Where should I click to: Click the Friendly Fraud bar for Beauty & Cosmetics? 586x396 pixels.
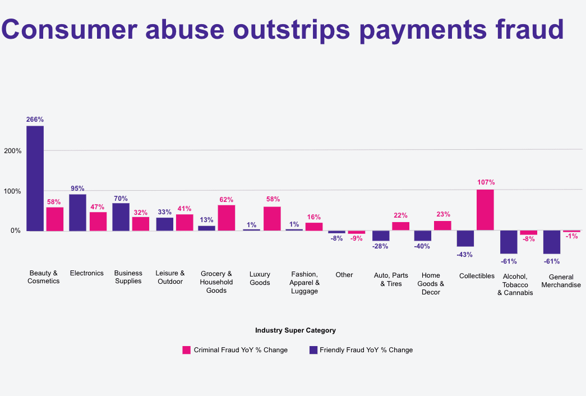pyautogui.click(x=35, y=178)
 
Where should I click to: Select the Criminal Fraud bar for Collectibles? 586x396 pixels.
pyautogui.click(x=485, y=210)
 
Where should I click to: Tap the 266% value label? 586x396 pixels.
pyautogui.click(x=35, y=119)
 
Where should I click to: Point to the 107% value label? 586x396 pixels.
pyautogui.click(x=486, y=182)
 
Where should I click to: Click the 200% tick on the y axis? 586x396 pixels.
pyautogui.click(x=12, y=151)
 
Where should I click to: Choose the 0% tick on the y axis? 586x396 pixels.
pyautogui.click(x=15, y=231)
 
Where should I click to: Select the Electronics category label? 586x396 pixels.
pyautogui.click(x=86, y=273)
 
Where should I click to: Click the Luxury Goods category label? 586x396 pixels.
pyautogui.click(x=260, y=278)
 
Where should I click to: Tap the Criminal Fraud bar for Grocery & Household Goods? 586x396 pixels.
pyautogui.click(x=227, y=218)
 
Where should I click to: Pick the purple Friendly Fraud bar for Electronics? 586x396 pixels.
pyautogui.click(x=77, y=212)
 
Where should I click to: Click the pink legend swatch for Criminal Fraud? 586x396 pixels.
pyautogui.click(x=187, y=350)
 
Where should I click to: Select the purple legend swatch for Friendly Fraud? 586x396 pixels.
pyautogui.click(x=313, y=350)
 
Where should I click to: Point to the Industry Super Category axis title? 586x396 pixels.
pyautogui.click(x=295, y=330)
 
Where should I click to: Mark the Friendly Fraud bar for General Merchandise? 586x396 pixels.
pyautogui.click(x=552, y=242)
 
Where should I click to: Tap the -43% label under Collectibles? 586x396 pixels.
pyautogui.click(x=465, y=254)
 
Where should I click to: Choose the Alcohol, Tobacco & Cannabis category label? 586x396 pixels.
pyautogui.click(x=515, y=284)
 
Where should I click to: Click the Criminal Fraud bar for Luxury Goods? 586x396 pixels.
pyautogui.click(x=272, y=218)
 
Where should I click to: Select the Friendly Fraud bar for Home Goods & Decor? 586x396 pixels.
pyautogui.click(x=422, y=236)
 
